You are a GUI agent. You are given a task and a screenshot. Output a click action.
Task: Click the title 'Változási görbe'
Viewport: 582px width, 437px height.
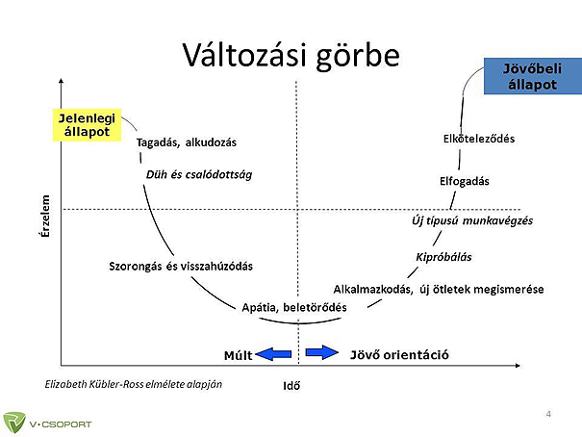pyautogui.click(x=291, y=56)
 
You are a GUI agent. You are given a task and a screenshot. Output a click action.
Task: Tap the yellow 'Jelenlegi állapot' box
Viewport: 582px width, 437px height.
pyautogui.click(x=87, y=125)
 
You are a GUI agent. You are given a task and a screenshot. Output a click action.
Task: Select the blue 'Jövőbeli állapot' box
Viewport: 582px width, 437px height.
pyautogui.click(x=533, y=76)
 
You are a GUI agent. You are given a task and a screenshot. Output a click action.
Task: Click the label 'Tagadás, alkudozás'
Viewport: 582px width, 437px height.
pyautogui.click(x=187, y=142)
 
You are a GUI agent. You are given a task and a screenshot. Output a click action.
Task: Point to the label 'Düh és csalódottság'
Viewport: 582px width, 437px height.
pyautogui.click(x=199, y=174)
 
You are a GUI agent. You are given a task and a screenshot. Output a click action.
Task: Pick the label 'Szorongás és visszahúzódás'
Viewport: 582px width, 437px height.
pyautogui.click(x=181, y=267)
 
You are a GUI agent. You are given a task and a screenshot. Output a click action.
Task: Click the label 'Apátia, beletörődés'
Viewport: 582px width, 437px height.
pyautogui.click(x=294, y=307)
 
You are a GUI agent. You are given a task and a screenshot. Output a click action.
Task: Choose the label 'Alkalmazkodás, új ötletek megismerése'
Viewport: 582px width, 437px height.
pyautogui.click(x=439, y=289)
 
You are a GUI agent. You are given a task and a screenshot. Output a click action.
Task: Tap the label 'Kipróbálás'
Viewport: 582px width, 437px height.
pyautogui.click(x=443, y=257)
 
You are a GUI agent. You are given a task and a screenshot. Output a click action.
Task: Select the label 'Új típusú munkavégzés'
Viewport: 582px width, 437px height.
pyautogui.click(x=472, y=220)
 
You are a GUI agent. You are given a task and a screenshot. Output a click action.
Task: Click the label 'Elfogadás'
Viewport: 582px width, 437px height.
pyautogui.click(x=465, y=181)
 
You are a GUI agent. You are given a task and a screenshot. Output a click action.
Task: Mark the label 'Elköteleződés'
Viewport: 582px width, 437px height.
pyautogui.click(x=479, y=139)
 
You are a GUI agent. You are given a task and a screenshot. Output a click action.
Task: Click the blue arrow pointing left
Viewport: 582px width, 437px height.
pyautogui.click(x=274, y=354)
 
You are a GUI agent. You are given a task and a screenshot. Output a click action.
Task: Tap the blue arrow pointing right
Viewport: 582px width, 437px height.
pyautogui.click(x=322, y=352)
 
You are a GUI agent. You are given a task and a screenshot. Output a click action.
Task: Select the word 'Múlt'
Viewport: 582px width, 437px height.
pyautogui.click(x=238, y=355)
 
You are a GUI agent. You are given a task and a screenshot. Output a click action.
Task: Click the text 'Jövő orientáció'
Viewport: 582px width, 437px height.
pyautogui.click(x=399, y=355)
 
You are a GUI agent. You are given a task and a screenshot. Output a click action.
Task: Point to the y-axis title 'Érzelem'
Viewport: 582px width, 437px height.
pyautogui.click(x=45, y=216)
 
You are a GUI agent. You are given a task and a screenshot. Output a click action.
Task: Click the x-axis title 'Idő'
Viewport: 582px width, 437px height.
pyautogui.click(x=291, y=386)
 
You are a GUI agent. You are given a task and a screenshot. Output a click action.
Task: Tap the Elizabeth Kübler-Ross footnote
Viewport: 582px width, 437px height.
pyautogui.click(x=134, y=384)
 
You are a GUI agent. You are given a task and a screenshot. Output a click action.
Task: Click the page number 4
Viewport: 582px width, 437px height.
pyautogui.click(x=548, y=414)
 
